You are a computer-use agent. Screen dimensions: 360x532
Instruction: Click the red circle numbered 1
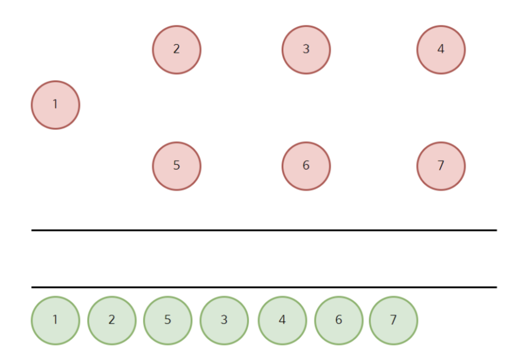coord(56,105)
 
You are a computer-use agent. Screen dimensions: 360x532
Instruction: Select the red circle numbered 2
coord(177,50)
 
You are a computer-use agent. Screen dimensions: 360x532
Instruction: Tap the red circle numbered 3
coord(306,50)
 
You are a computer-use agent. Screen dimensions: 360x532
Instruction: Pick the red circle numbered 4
coord(441,50)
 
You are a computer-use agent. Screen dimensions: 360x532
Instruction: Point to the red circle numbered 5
coord(177,166)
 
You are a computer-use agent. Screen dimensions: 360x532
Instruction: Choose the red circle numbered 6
coord(306,166)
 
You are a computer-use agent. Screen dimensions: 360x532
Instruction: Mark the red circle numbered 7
coord(441,166)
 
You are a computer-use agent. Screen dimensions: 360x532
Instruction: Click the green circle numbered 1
coord(56,320)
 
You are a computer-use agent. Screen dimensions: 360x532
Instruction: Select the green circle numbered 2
coord(112,320)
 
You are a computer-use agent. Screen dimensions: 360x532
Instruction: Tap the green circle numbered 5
coord(168,320)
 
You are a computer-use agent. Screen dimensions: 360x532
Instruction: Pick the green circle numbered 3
coord(224,320)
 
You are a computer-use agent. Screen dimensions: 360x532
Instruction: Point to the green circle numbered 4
coord(282,320)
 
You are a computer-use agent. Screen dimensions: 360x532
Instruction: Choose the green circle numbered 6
coord(339,320)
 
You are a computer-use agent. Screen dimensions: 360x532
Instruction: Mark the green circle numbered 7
coord(394,320)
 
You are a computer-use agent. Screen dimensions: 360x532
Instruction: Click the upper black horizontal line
coord(264,230)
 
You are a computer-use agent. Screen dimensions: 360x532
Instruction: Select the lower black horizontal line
coord(264,287)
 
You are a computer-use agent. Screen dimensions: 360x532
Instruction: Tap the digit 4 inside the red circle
coord(441,49)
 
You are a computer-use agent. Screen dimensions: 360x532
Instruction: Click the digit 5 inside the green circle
coord(168,319)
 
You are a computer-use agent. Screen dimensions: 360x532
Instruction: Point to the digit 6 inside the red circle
coord(306,165)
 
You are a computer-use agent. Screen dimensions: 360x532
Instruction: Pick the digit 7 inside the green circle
coord(394,319)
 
